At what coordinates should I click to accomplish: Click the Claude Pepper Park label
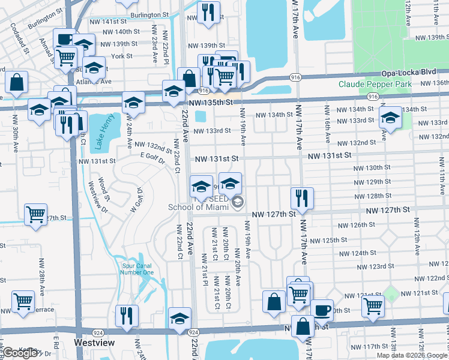click(x=375, y=85)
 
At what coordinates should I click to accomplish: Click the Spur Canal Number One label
click(x=137, y=268)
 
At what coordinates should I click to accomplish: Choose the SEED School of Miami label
click(x=207, y=203)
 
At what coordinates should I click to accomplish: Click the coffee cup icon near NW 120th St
click(x=322, y=310)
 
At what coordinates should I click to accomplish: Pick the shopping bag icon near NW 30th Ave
click(x=17, y=82)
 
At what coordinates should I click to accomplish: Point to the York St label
click(x=122, y=56)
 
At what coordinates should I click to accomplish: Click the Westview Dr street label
click(x=95, y=198)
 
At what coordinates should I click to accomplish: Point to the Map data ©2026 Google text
click(x=412, y=355)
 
